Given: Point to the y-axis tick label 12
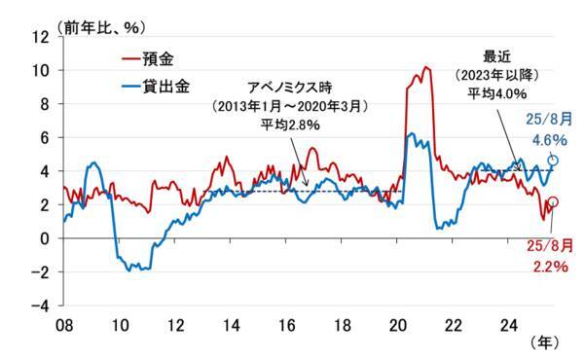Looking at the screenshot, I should [41, 37].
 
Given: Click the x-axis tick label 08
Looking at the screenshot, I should [63, 325].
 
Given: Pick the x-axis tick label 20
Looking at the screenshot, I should [398, 325].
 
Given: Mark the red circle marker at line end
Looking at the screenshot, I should [554, 201].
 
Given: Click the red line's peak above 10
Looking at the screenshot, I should [426, 68].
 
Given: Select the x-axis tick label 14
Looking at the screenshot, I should [231, 325].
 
